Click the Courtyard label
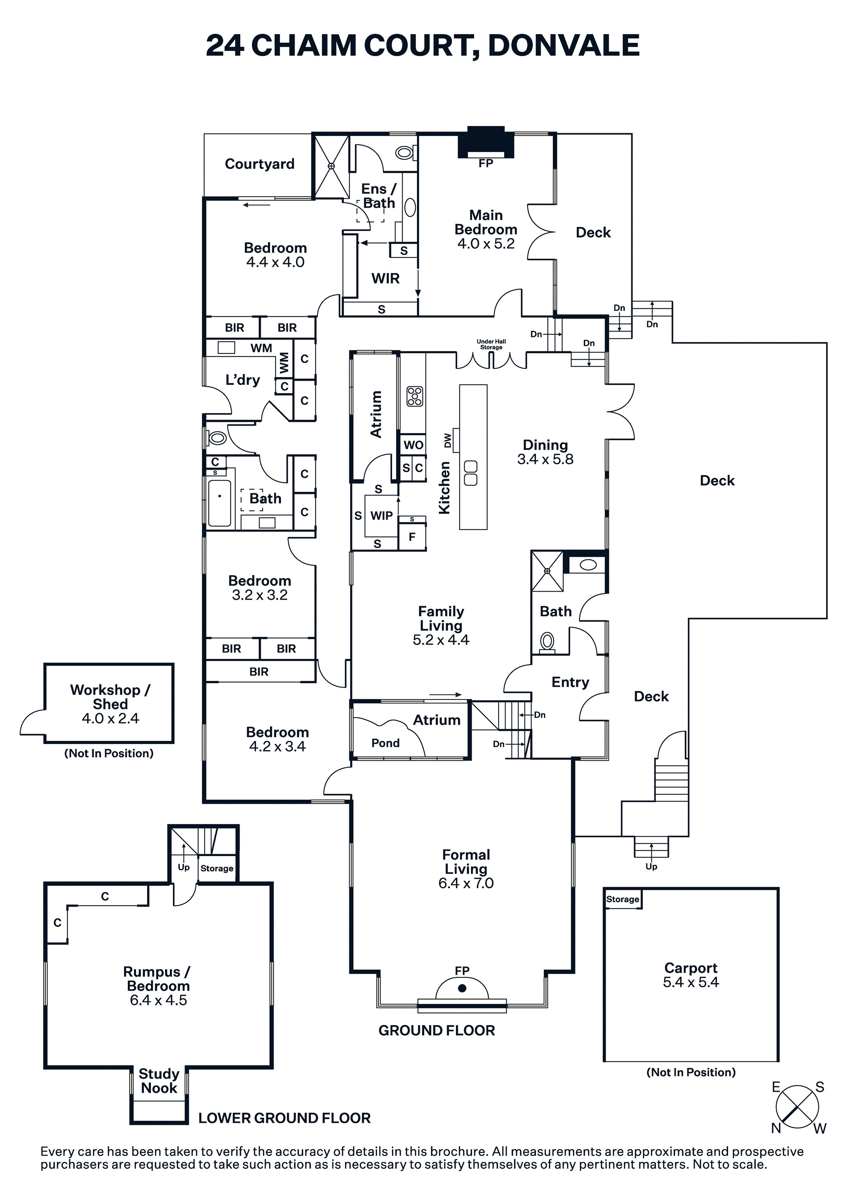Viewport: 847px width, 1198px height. (259, 164)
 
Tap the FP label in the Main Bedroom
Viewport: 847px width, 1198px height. (486, 163)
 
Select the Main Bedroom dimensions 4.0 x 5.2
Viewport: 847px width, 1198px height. (486, 244)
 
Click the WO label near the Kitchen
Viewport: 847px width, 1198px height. (413, 445)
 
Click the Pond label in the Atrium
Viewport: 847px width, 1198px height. (385, 743)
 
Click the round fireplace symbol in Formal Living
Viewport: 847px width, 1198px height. (462, 988)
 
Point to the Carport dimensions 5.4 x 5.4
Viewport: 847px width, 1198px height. (691, 982)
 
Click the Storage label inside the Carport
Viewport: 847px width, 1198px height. (622, 899)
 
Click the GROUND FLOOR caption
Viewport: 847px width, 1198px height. (436, 1031)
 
